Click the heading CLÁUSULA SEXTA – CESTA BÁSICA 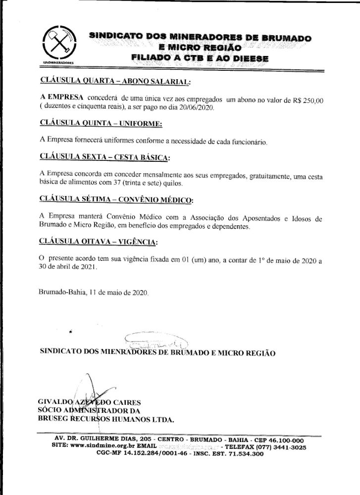[x=104, y=157]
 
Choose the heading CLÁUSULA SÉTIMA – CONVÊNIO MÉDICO [x=116, y=200]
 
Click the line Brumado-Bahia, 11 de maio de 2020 [x=93, y=293]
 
